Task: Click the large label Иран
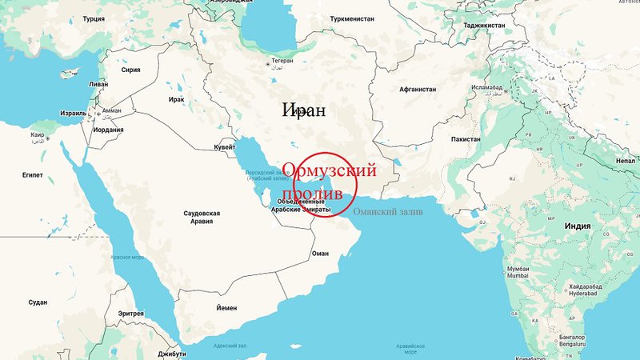pyautogui.click(x=304, y=110)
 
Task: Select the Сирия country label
pyautogui.click(x=130, y=70)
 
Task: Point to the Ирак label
pyautogui.click(x=177, y=98)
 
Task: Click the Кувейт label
pyautogui.click(x=225, y=148)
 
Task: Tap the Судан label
pyautogui.click(x=38, y=302)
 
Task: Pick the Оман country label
pyautogui.click(x=320, y=253)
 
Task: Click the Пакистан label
pyautogui.click(x=466, y=139)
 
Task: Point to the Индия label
pyautogui.click(x=577, y=226)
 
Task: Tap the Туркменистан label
pyautogui.click(x=348, y=19)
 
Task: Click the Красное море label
pyautogui.click(x=126, y=258)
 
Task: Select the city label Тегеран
pyautogui.click(x=281, y=61)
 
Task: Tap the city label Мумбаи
pyautogui.click(x=518, y=267)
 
